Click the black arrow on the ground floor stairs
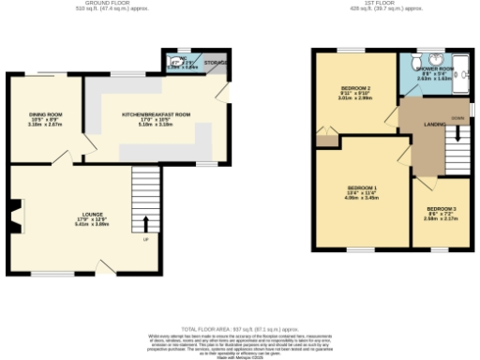[x=145, y=223]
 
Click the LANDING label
[x=434, y=124]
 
